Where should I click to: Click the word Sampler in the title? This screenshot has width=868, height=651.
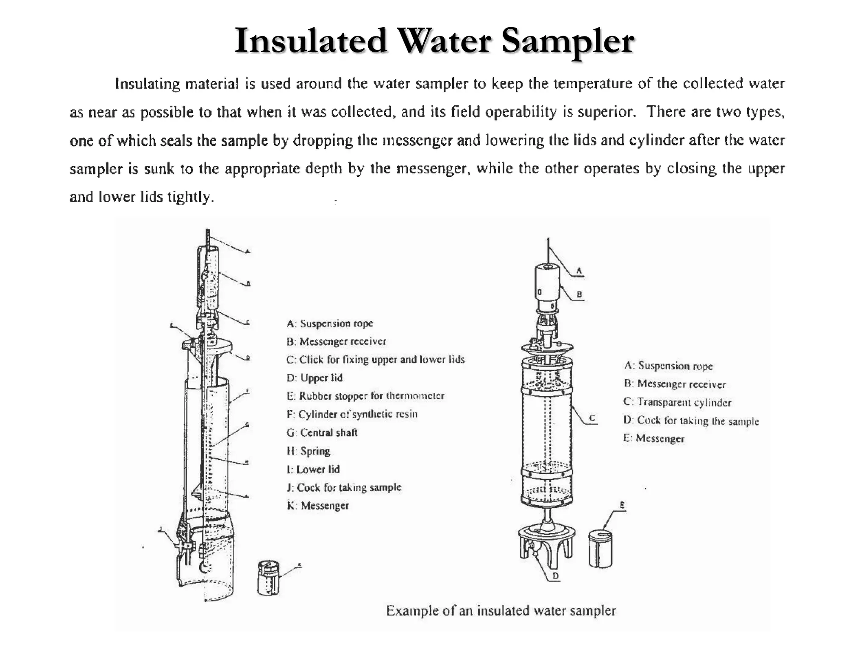568,41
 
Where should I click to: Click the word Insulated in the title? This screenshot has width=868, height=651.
311,41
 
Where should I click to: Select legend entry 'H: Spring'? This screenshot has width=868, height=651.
309,451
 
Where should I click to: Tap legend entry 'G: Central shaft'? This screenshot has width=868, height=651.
322,433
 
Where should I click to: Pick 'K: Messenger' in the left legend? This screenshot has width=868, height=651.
318,506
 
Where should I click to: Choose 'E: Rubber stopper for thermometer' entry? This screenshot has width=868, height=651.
365,396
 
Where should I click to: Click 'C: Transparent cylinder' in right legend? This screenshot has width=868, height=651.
678,402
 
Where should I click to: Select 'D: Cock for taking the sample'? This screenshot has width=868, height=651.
691,421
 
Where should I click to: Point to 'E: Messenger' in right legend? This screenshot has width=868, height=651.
654,439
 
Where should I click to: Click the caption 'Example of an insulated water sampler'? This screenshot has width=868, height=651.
501,611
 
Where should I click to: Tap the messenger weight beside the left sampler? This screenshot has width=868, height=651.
268,577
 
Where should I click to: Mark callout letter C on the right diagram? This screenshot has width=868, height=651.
593,418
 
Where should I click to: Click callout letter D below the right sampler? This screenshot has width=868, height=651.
555,576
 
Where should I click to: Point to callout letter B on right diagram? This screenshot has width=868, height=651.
579,294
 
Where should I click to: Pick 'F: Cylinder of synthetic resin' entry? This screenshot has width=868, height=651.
352,414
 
